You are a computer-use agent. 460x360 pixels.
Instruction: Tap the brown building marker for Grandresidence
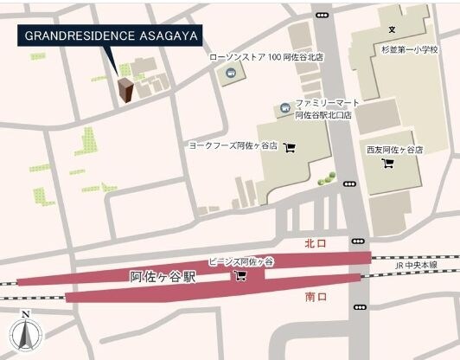coord(126,90)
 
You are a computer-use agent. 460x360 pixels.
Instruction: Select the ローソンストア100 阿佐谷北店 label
coord(266,58)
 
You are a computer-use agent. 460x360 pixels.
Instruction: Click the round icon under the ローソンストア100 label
coord(231,74)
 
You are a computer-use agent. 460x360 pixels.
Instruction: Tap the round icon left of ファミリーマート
coord(284,108)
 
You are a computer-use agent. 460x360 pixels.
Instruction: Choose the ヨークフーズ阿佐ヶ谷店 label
coord(233,146)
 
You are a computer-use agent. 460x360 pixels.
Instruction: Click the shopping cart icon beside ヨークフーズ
coord(290,146)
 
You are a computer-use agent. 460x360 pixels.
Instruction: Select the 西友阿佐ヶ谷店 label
coord(394,150)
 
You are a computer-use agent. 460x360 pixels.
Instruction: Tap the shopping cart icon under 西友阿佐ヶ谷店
coord(388,164)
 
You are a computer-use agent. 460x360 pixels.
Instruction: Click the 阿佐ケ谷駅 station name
coord(163,278)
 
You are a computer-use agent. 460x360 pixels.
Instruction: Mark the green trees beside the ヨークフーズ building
coord(325,180)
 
